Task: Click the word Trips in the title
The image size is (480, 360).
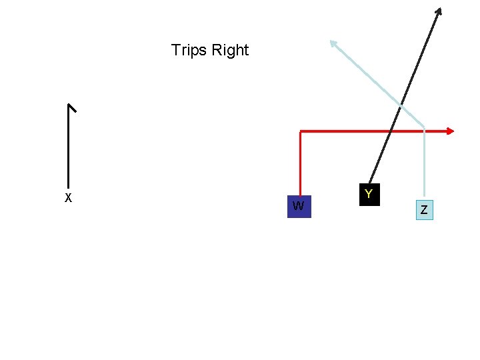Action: [189, 50]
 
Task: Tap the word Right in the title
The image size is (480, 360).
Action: [230, 51]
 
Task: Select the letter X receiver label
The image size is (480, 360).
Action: [68, 197]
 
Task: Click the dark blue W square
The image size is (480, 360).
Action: [299, 206]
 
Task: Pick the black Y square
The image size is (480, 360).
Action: [369, 194]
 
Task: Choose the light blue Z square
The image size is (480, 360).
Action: [424, 210]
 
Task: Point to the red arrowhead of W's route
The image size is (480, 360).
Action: [451, 131]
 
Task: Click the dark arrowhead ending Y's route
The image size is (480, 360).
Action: [439, 11]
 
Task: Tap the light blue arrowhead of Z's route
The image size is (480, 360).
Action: [333, 44]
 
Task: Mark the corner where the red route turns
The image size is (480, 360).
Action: [301, 132]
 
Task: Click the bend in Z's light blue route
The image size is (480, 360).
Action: [424, 126]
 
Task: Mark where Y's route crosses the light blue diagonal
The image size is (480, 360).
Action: [401, 105]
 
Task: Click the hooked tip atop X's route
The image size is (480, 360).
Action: [72, 107]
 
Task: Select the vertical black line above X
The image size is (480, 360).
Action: [68, 147]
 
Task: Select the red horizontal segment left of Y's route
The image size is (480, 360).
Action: [343, 132]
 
